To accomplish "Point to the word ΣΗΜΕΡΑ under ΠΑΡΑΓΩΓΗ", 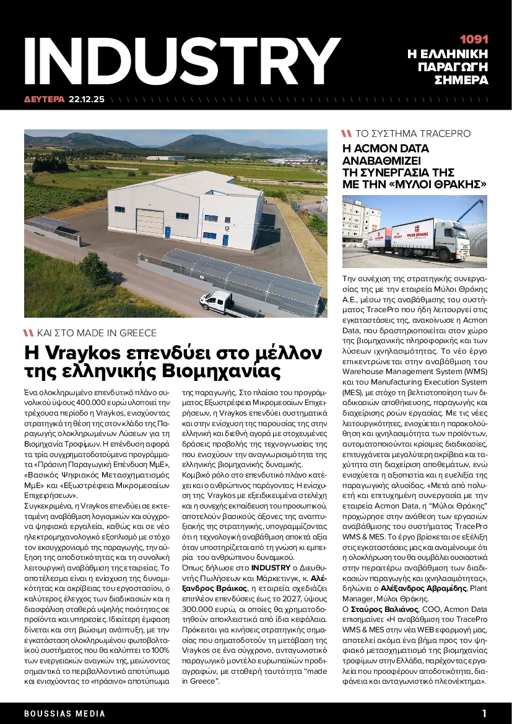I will (x=461, y=81).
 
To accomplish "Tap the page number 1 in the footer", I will (x=484, y=713).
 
